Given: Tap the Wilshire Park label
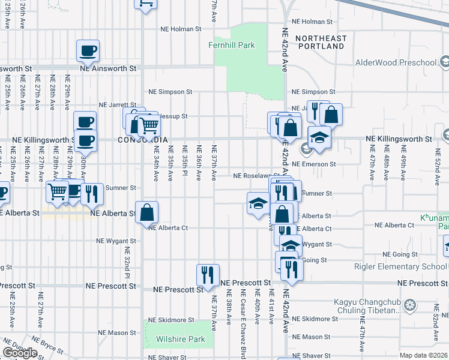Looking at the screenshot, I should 181,339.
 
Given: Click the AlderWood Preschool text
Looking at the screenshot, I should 396,62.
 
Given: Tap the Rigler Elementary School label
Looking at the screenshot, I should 405,267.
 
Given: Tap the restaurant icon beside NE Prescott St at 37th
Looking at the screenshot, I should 208,275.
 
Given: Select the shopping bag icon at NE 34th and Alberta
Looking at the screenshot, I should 147,212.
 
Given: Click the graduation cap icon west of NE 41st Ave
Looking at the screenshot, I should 258,204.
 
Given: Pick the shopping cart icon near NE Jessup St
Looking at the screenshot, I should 148,125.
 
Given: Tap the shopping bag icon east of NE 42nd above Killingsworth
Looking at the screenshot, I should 331,114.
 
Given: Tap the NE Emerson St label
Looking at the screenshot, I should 313,164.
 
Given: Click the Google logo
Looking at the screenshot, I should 20,353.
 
